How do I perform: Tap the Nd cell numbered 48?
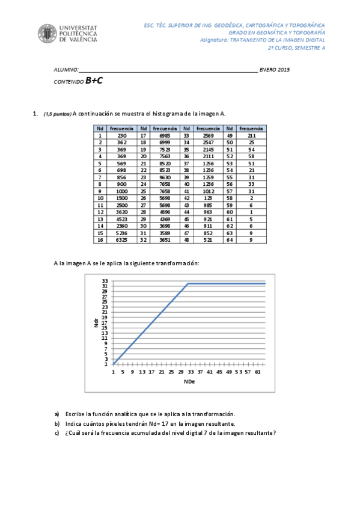tap(186, 239)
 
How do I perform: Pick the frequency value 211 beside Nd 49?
tap(251, 136)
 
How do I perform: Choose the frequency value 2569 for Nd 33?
tap(208, 136)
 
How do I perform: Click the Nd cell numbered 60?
tap(230, 212)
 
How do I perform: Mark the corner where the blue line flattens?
tap(188, 283)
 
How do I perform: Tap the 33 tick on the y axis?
tap(105, 281)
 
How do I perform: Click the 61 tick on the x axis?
tap(258, 372)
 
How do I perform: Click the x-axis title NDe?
tap(189, 381)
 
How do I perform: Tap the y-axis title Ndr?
tap(96, 323)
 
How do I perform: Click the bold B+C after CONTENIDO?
tap(94, 81)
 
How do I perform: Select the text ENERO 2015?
tap(275, 70)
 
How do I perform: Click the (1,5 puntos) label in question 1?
tap(58, 114)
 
